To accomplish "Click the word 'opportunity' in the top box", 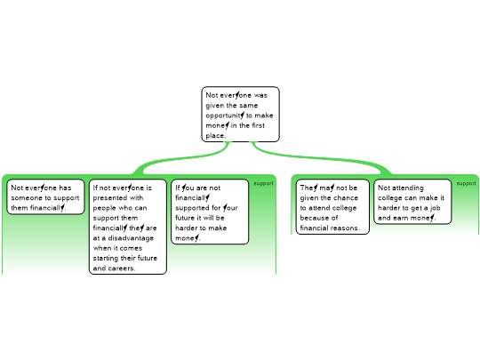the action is (x=225, y=116).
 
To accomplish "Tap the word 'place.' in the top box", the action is (x=216, y=136).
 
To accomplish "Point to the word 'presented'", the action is (x=108, y=198).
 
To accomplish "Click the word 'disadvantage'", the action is (x=131, y=238).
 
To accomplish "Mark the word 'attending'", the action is (x=408, y=188).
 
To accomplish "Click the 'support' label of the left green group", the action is (x=263, y=183).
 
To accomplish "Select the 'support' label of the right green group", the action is (x=467, y=183).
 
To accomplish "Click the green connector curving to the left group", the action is (x=184, y=158).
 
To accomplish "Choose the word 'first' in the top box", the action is (x=259, y=125).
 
